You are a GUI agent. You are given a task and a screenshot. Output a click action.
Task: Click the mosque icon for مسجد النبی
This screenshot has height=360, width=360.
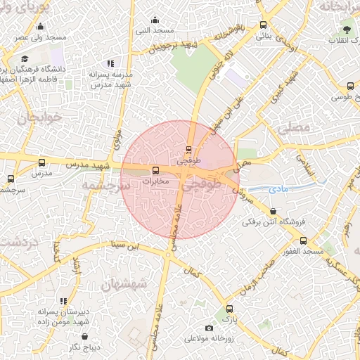coord(155,19)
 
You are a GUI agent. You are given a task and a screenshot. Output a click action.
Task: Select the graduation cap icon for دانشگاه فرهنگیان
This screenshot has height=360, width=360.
coord(25,59)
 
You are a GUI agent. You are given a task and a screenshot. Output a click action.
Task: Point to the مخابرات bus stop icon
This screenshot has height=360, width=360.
coord(155,170)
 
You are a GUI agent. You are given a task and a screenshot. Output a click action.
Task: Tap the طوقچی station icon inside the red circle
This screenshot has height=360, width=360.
coord(188,149)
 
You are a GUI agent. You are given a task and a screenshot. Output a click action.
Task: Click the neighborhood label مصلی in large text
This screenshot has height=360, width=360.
coord(293,129)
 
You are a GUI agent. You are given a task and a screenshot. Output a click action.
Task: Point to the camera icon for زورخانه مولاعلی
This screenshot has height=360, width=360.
coord(208,328)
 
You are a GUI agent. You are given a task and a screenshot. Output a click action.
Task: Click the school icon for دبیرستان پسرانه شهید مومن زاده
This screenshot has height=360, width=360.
coord(64,301)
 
